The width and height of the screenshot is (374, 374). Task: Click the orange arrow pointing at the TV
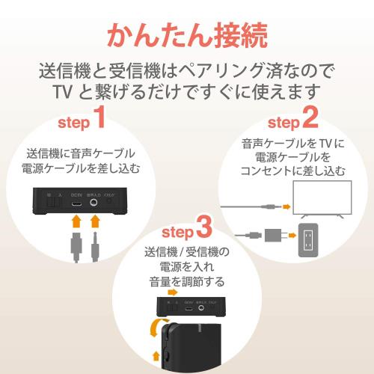tap(283, 203)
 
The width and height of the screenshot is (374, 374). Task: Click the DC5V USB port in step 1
tap(75, 202)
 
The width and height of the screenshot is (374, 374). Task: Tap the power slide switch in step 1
tap(52, 200)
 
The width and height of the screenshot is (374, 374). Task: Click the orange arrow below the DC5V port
tap(75, 221)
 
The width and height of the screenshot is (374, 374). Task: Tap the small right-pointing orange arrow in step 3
tap(156, 351)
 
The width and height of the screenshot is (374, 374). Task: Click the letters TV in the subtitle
tap(64, 93)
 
